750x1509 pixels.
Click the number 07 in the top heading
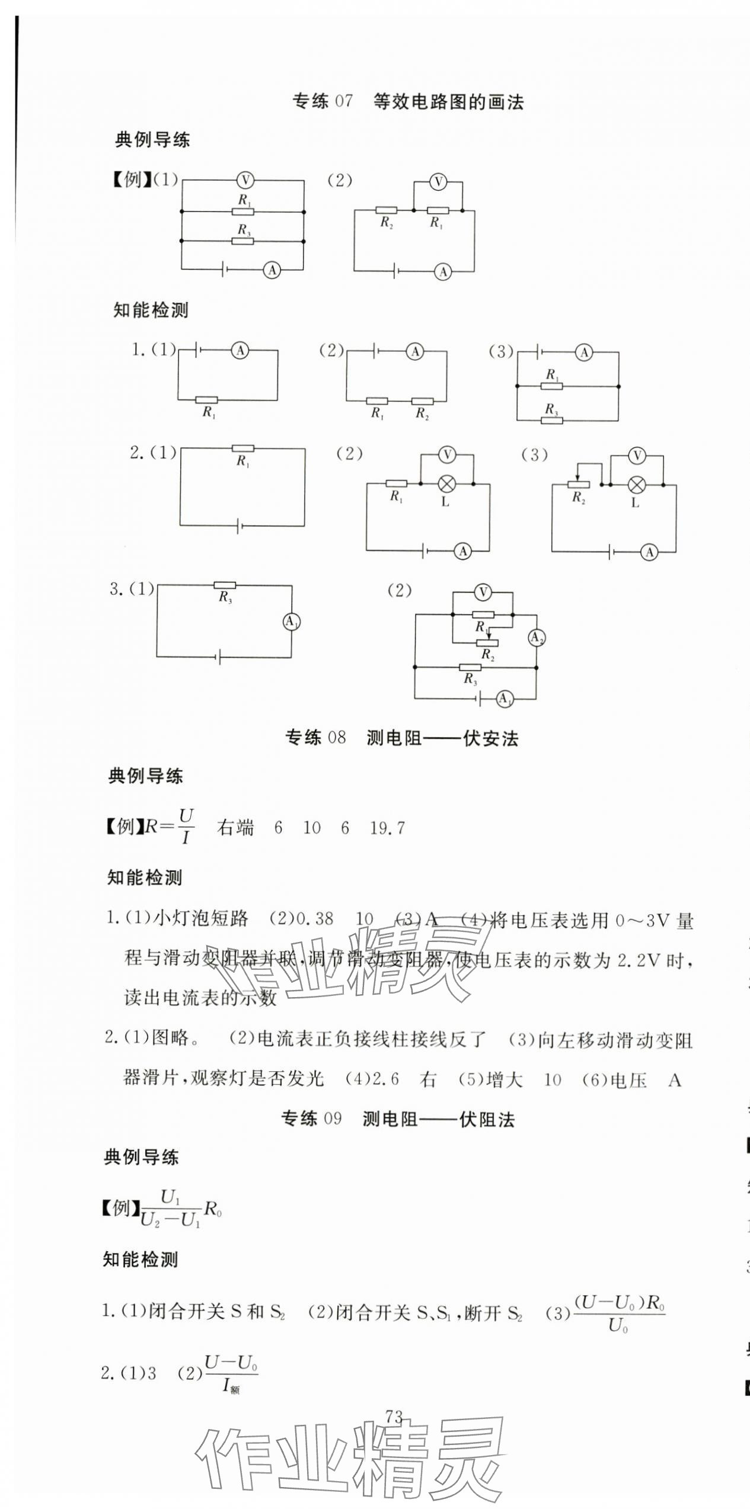coord(343,102)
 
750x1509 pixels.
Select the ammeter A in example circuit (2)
coord(442,271)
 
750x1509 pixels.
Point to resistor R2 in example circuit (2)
coord(386,210)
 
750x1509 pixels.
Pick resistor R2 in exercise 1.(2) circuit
coord(422,401)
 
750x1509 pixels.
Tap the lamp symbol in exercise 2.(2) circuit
coord(446,484)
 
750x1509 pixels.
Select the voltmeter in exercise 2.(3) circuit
coord(637,456)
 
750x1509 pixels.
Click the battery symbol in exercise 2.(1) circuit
coord(239,526)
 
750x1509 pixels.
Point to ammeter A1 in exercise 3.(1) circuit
coord(291,621)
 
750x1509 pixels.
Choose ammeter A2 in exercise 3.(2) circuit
coord(536,637)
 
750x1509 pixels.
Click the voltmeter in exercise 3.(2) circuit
coord(483,591)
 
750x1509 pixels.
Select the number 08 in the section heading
coord(336,738)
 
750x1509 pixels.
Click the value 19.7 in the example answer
coord(387,828)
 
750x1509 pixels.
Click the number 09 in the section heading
coord(333,1119)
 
